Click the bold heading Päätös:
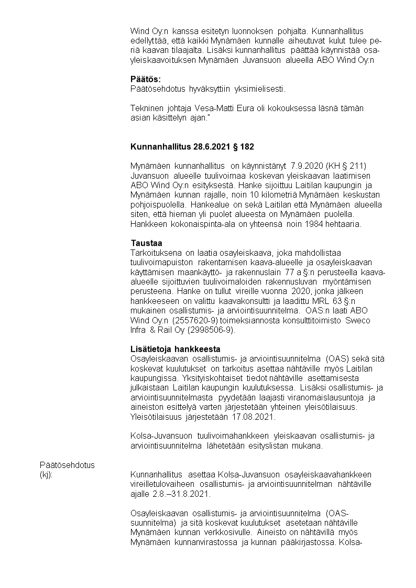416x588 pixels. [146, 79]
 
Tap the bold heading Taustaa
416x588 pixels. [146, 243]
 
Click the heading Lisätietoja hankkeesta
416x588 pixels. [175, 349]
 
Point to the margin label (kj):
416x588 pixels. [47, 475]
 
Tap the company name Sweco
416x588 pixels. [358, 320]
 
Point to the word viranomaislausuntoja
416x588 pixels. [294, 398]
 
